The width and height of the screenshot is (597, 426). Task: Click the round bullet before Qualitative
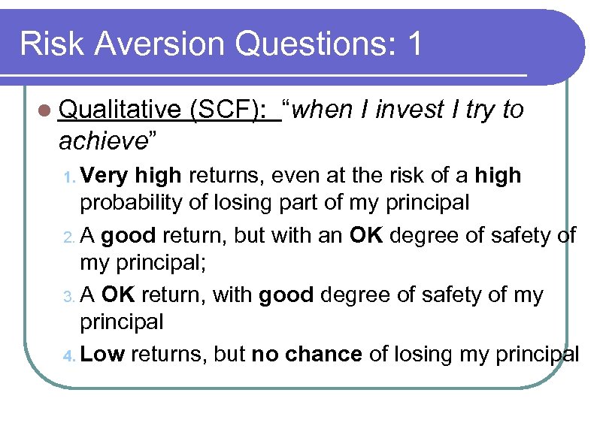46,110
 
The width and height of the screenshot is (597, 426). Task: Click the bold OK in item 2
367,235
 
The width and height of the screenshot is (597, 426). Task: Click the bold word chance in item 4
328,354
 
